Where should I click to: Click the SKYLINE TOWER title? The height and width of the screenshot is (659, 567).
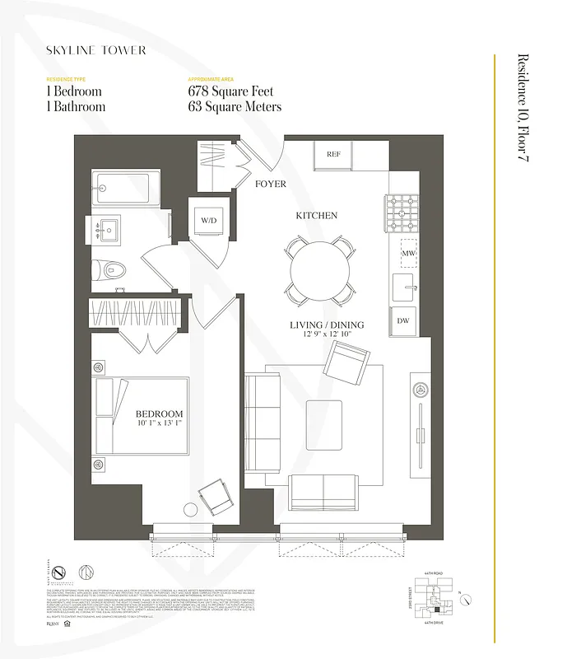tap(96, 50)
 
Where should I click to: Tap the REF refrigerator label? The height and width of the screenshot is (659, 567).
tap(333, 154)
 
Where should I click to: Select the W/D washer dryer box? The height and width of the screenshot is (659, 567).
tap(206, 221)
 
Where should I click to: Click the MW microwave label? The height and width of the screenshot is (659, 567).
tap(408, 253)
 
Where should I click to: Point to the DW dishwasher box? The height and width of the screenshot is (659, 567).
tap(403, 321)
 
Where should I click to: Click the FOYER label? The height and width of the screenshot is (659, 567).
tap(270, 184)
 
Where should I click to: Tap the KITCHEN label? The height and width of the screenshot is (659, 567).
tap(317, 216)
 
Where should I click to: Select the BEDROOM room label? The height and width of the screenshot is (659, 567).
tap(159, 414)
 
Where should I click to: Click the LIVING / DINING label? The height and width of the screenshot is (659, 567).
tap(326, 325)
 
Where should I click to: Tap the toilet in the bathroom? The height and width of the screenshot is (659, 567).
tap(108, 269)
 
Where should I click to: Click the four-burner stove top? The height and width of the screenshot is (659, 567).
tap(404, 213)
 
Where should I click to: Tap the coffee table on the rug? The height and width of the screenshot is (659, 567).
tap(323, 424)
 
